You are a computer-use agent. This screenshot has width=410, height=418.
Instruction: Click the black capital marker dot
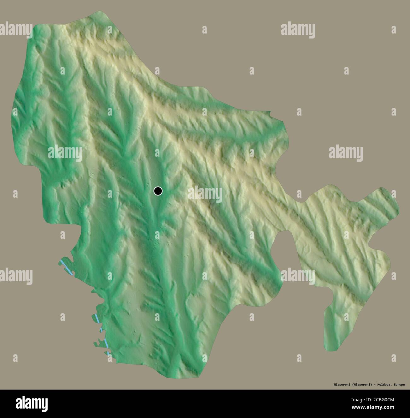click(x=158, y=191)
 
